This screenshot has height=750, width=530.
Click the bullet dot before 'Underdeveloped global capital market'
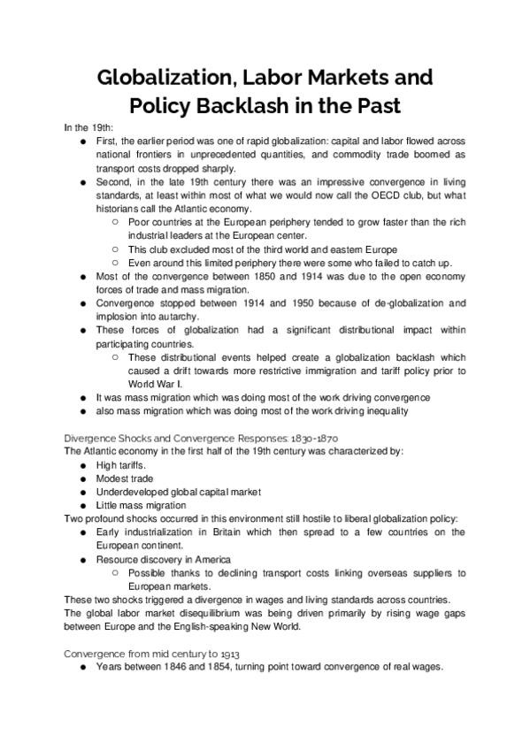click(83, 492)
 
